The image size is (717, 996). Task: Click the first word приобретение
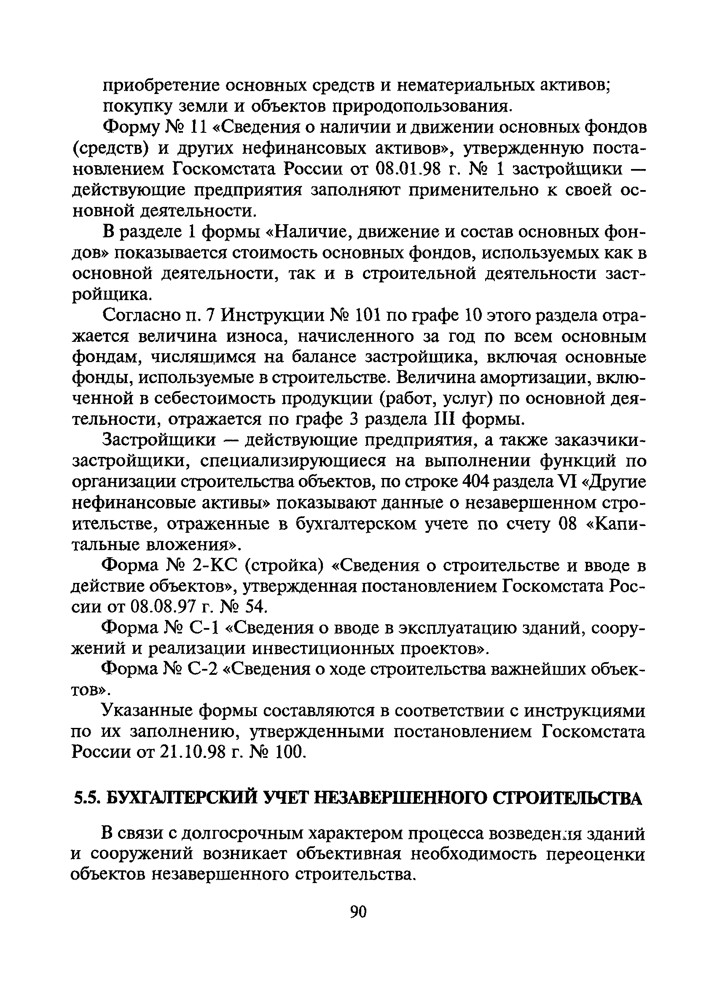161,86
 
